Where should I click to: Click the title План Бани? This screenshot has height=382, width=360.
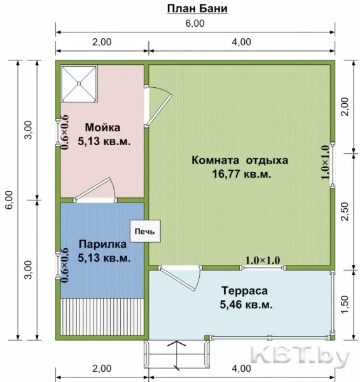[197, 9]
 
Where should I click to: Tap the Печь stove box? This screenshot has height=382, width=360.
[145, 231]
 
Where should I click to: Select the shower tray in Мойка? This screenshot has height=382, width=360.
[79, 83]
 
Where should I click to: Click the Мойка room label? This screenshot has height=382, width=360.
[102, 127]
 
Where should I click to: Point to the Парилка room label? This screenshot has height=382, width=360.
[102, 244]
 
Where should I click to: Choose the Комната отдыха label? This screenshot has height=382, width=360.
[240, 160]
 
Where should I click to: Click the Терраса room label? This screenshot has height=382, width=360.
[244, 291]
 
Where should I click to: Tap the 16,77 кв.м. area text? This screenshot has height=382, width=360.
[242, 174]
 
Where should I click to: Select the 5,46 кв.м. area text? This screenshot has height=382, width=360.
[246, 304]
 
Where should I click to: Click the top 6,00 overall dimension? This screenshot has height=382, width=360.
[195, 24]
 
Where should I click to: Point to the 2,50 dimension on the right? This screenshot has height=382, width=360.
[345, 211]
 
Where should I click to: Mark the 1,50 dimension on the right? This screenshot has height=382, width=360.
[345, 304]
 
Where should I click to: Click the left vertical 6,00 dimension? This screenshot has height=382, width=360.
[9, 200]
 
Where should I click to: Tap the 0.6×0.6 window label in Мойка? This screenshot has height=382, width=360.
[65, 132]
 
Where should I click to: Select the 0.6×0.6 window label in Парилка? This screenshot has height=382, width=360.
[65, 265]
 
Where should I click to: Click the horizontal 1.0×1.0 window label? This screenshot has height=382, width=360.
[263, 260]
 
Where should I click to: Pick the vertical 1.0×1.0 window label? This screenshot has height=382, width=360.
[325, 162]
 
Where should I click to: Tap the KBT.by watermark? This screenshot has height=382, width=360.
[300, 356]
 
